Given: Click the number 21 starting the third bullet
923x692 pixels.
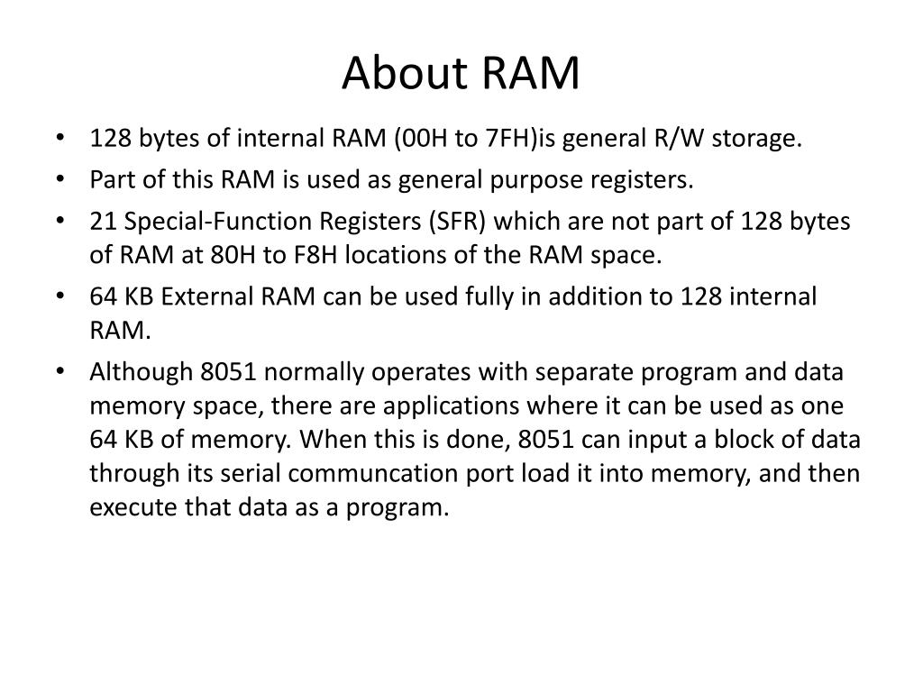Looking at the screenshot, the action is (102, 222).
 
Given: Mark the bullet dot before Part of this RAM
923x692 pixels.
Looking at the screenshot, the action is (59, 180).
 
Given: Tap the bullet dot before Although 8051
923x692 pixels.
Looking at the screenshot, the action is (59, 372).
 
